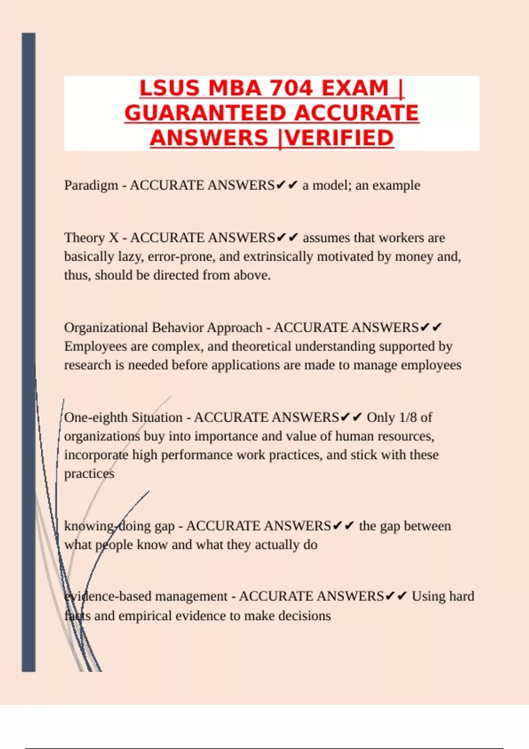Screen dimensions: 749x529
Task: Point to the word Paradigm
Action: (91, 185)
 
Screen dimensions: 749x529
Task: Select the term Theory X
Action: (91, 238)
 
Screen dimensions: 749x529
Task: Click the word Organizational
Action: (106, 328)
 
